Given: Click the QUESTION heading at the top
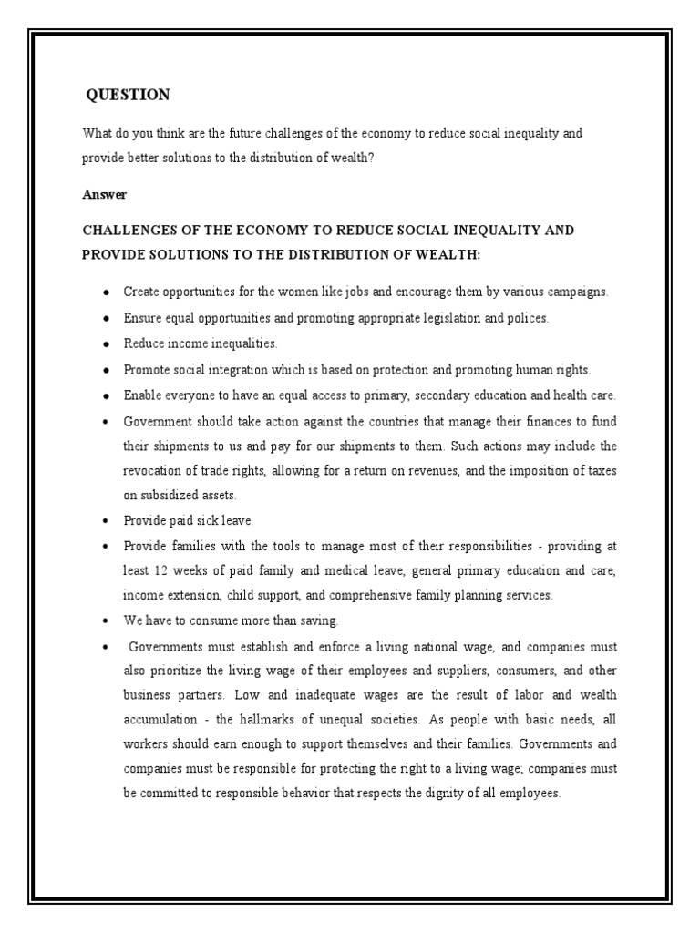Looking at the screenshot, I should click(x=127, y=95).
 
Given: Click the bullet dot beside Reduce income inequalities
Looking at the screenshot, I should click(x=106, y=343).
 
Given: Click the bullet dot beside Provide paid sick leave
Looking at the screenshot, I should click(x=106, y=521).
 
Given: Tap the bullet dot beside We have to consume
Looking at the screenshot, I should click(x=106, y=620).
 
